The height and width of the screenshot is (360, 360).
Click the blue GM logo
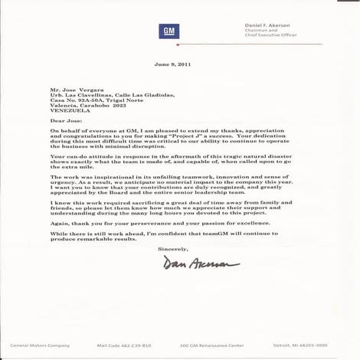pyautogui.click(x=169, y=31)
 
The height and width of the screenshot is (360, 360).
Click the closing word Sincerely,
pyautogui.click(x=172, y=250)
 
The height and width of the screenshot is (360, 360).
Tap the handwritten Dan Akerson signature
pyautogui.click(x=200, y=264)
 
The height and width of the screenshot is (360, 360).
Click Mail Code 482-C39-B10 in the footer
pyautogui.click(x=123, y=345)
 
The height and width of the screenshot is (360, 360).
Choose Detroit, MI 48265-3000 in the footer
pyautogui.click(x=299, y=345)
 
